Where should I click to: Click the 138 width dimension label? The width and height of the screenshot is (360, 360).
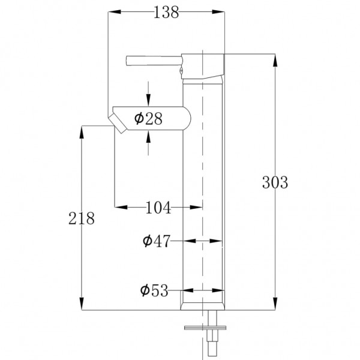tap(166, 13)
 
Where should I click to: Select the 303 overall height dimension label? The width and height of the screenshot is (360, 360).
tap(275, 182)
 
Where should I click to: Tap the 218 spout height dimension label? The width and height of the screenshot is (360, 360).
tap(82, 218)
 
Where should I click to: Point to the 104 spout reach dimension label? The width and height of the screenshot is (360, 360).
tap(158, 208)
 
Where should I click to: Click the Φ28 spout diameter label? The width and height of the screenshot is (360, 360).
tap(148, 119)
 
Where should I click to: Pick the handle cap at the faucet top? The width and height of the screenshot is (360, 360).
tap(204, 66)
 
